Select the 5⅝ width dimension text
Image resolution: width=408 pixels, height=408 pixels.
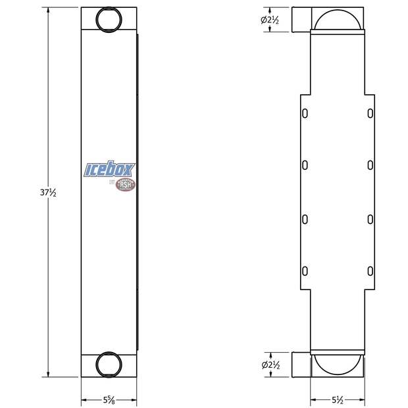(109, 399)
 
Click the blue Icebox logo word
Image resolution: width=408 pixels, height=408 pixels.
(109, 170)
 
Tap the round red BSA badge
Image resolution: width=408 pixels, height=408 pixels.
(125, 184)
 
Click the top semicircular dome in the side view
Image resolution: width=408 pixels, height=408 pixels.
(338, 22)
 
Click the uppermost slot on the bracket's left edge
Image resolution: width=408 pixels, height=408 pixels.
(305, 114)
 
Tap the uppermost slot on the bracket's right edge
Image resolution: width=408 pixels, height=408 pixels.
(370, 114)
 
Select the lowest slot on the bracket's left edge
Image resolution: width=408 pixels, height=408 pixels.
(305, 270)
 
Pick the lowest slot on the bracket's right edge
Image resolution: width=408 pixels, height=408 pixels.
(370, 270)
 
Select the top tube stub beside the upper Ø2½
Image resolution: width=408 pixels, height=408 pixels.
(301, 20)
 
